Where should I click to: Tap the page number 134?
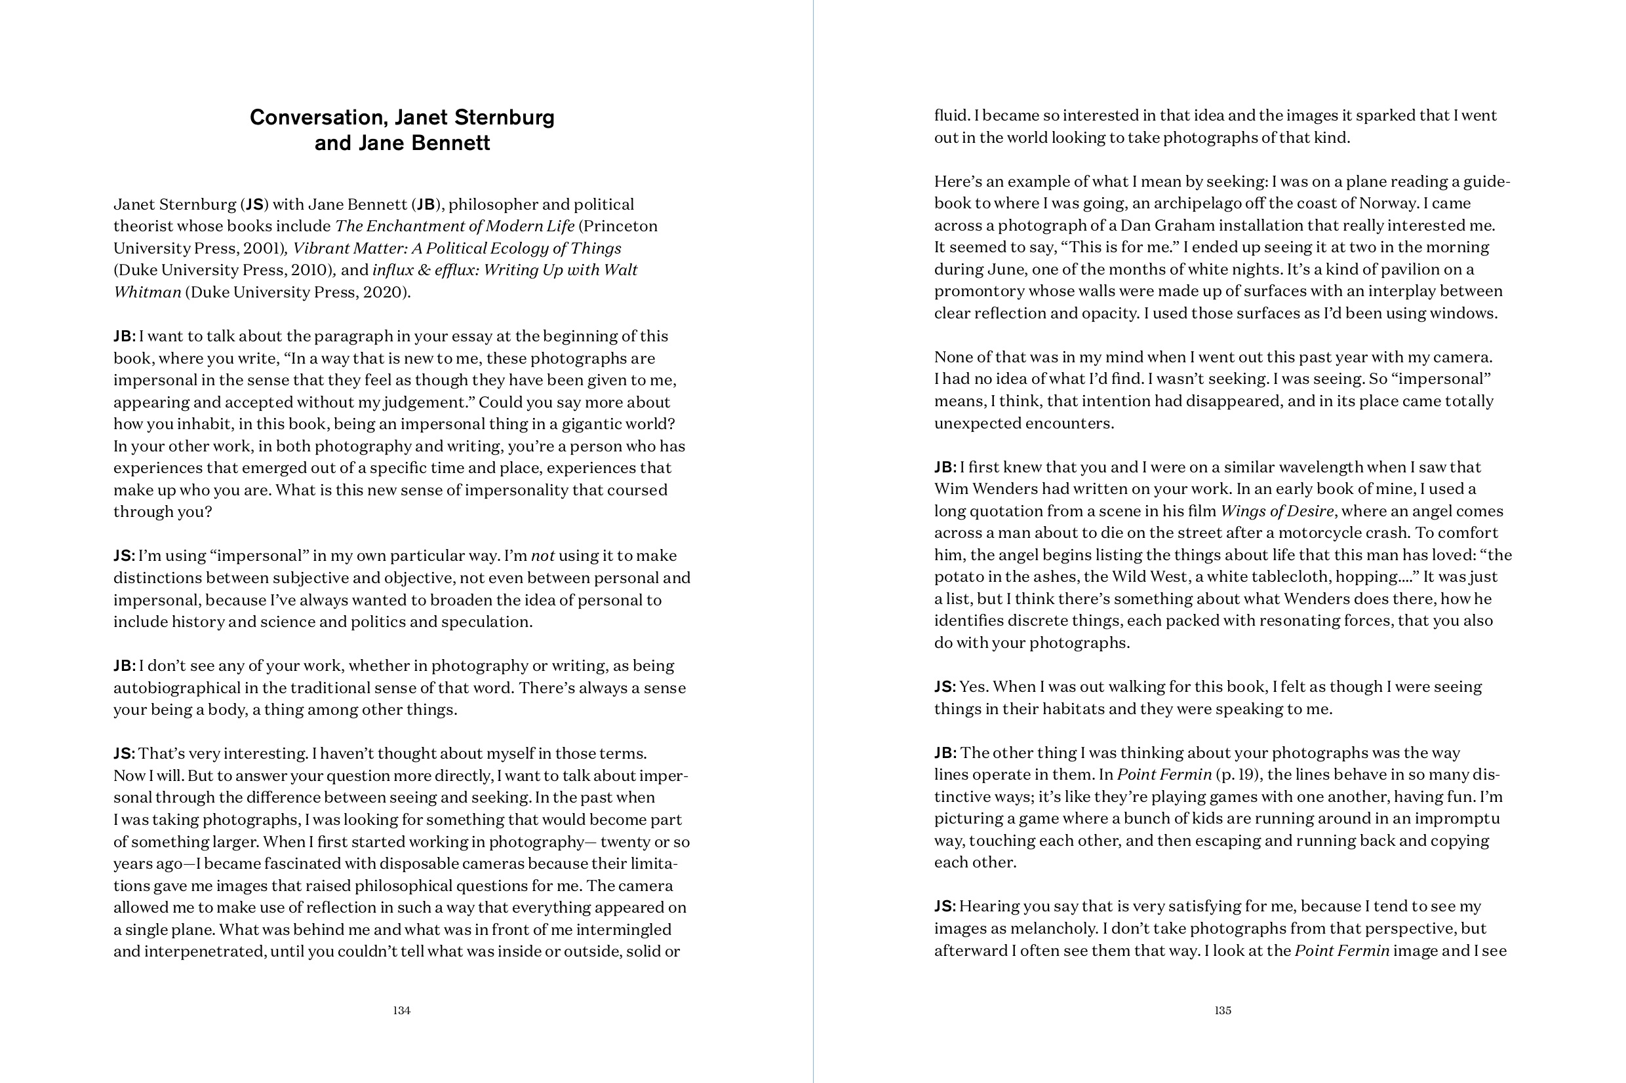click(401, 1010)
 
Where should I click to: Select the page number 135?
click(1222, 1010)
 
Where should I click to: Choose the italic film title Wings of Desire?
click(1277, 511)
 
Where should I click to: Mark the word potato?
click(958, 577)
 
